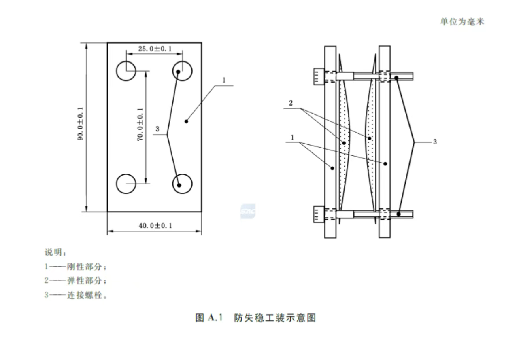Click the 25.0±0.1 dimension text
tap(155, 49)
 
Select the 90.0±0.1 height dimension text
tap(80, 124)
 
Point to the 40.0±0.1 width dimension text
tap(155, 226)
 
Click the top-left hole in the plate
tap(126, 71)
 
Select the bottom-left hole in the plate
tap(126, 184)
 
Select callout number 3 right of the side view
tap(435, 142)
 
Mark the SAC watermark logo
tap(248, 211)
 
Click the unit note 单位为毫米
tap(462, 21)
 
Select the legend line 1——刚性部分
tap(76, 267)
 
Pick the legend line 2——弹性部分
tap(76, 281)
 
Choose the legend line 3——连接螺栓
tap(76, 295)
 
